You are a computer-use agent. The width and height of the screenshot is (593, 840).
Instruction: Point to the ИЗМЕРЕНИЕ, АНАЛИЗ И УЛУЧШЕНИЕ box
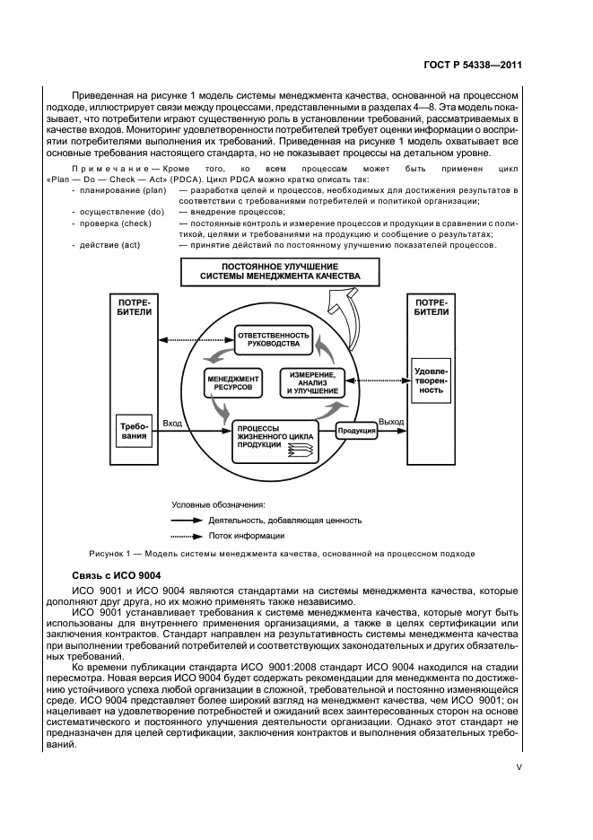click(312, 382)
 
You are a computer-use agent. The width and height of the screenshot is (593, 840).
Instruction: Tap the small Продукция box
click(355, 431)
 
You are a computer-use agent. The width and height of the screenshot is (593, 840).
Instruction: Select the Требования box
click(134, 432)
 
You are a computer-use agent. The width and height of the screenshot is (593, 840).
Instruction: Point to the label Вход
click(172, 422)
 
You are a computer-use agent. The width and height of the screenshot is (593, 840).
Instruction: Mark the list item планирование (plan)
click(107, 190)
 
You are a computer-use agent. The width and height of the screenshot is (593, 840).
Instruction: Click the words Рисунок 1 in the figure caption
click(114, 554)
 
